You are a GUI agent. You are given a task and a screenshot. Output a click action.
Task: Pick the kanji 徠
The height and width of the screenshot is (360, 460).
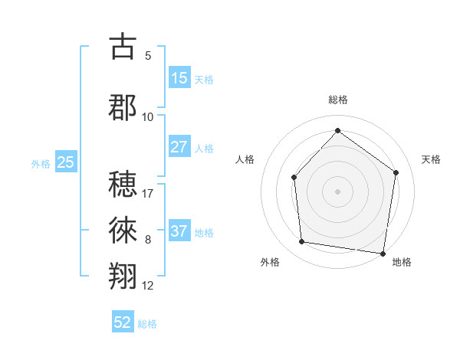coord(123,229)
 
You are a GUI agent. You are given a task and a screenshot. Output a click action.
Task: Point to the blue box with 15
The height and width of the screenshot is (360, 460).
coord(179,78)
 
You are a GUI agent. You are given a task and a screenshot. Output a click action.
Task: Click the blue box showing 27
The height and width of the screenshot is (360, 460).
coord(179,147)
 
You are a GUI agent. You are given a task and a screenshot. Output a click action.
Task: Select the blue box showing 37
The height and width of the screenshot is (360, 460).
coord(179,231)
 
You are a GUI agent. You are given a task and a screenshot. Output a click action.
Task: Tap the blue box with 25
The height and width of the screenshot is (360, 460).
coord(66,162)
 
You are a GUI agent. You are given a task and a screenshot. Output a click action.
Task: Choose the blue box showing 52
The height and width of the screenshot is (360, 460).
coord(123,323)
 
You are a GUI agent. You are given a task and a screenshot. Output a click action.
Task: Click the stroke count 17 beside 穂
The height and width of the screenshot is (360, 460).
coord(149,192)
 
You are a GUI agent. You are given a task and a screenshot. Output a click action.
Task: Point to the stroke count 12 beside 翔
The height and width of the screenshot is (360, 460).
coord(148,286)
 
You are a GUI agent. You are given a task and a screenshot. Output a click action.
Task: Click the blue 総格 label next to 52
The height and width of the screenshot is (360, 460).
coord(147,324)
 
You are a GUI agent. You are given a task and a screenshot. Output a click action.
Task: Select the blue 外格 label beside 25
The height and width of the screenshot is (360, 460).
coord(41,163)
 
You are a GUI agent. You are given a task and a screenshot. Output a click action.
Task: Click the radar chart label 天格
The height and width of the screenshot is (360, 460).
coord(431,159)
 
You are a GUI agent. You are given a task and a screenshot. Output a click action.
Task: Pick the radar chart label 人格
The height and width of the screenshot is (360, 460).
coord(245,159)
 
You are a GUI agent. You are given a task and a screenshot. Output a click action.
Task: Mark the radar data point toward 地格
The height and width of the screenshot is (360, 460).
coord(383,253)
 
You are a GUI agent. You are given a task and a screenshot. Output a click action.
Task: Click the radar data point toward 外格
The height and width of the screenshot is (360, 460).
coord(302,242)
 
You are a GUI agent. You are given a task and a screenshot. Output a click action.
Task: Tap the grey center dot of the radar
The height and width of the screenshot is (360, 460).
coord(337,191)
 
